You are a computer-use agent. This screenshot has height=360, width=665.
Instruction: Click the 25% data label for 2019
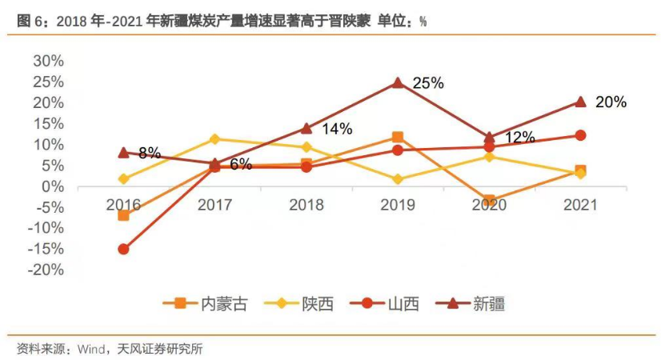click(428, 83)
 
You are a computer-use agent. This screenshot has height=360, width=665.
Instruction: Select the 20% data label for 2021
click(611, 102)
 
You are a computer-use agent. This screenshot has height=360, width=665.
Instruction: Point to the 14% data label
click(337, 128)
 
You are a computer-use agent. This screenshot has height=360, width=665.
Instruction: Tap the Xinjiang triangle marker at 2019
click(398, 82)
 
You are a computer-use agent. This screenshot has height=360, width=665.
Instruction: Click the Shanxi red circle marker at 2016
click(123, 249)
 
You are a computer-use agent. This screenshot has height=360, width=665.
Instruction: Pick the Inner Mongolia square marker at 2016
click(123, 215)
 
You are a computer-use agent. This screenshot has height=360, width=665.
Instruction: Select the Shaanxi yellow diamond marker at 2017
click(214, 139)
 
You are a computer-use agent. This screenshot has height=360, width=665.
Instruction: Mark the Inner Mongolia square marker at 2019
click(398, 138)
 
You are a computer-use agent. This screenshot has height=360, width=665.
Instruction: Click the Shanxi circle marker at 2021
click(580, 135)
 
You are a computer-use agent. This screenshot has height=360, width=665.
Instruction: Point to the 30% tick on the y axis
click(47, 61)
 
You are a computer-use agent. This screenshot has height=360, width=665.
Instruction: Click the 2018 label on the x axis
click(306, 205)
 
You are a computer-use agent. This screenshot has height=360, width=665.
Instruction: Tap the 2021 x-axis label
click(580, 205)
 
